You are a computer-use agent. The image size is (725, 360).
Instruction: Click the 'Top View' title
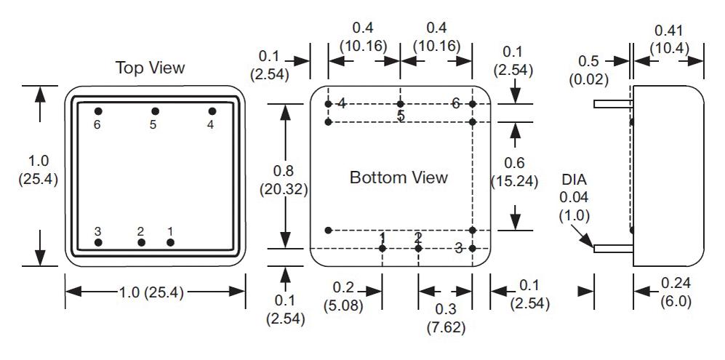point(151,68)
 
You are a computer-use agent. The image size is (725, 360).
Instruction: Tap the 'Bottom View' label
point(398,177)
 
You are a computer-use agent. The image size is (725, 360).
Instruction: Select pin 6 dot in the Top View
point(98,111)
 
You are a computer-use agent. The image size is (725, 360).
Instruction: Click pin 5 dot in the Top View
point(155,111)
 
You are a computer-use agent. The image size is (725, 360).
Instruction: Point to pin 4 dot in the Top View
point(212,111)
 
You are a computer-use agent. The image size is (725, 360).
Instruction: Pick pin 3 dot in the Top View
point(98,242)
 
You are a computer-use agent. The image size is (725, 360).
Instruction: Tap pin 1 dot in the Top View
point(170,242)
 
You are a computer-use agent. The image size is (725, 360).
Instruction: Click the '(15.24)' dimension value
point(514,182)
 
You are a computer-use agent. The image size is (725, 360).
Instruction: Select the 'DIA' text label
point(574,179)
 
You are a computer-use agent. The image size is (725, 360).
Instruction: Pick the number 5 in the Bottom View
point(401,116)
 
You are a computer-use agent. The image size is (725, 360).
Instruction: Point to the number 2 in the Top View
point(140,231)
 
